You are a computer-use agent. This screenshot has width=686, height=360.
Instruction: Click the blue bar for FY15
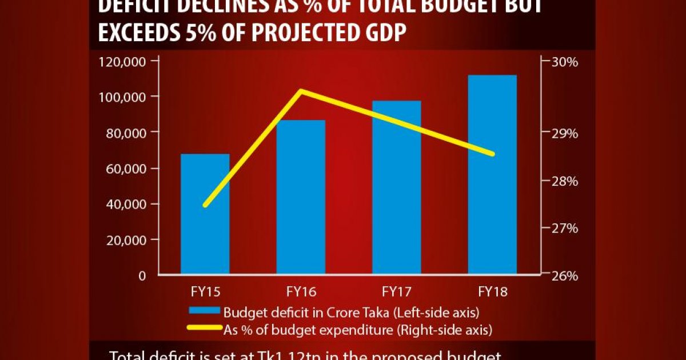click(205, 214)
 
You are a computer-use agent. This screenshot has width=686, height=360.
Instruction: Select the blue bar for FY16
click(301, 197)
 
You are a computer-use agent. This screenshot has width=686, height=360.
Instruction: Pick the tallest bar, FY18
click(492, 174)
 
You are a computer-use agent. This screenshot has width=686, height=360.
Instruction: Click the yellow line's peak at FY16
click(301, 91)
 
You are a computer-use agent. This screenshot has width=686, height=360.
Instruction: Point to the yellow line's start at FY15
click(205, 205)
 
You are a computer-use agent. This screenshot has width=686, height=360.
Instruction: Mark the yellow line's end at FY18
click(492, 154)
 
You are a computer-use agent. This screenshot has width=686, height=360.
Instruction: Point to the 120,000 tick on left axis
click(122, 61)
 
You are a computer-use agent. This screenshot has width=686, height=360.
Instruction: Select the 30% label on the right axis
click(563, 61)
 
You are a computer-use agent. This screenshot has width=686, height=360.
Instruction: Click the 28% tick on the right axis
click(563, 181)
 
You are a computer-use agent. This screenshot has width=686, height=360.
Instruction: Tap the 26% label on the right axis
click(563, 275)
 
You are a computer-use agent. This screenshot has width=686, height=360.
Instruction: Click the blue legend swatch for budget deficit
click(205, 312)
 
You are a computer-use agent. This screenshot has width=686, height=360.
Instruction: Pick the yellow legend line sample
click(205, 329)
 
